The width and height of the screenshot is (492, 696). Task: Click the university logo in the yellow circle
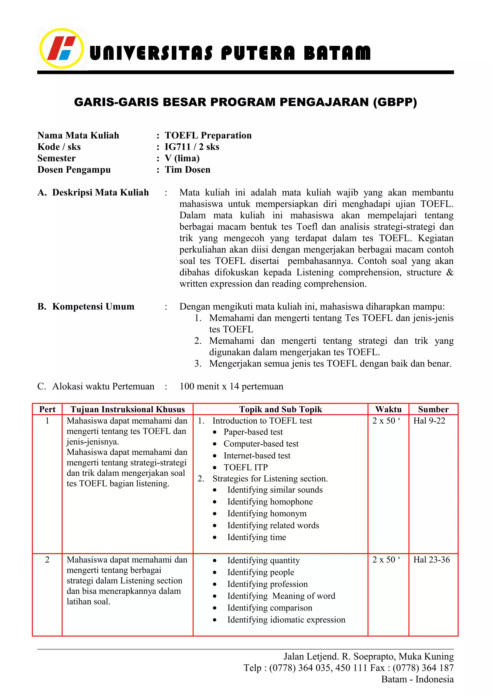61,49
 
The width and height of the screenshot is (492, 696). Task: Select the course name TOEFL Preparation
208,135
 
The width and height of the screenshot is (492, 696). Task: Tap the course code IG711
177,147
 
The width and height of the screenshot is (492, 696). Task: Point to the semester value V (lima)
182,158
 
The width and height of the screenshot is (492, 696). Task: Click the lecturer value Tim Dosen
187,170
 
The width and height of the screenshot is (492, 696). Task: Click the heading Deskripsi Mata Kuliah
100,192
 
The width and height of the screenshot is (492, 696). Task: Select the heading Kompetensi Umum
93,306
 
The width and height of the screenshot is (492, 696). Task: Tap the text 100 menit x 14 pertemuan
231,386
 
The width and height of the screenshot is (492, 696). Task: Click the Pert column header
47,409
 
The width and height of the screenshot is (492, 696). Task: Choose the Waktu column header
388,409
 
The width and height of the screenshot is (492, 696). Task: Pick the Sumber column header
433,409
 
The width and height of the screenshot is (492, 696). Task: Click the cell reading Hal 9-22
429,421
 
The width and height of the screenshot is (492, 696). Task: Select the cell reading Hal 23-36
431,560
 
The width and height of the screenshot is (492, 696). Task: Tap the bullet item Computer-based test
261,444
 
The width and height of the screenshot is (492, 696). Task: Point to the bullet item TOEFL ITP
246,467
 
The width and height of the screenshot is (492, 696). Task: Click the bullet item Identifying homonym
267,513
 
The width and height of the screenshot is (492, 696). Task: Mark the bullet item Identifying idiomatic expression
286,620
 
